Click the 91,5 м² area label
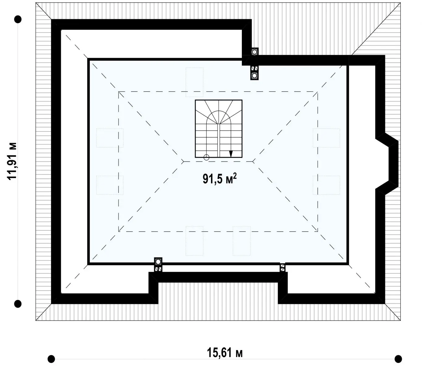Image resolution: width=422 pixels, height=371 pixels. coord(220,178)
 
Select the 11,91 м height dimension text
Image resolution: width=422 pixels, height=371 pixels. coord(12,161)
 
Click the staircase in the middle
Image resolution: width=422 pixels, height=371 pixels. coord(218,129)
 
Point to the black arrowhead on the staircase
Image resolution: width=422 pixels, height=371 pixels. coord(231,154)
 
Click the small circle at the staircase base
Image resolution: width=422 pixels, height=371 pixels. coord(206,157)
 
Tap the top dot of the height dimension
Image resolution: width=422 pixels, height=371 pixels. coord(18,19)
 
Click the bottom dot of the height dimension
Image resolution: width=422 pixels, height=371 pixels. coord(18,304)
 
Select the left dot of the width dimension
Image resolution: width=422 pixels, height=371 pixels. coord(51,359)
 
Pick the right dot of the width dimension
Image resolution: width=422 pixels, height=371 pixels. coord(398,359)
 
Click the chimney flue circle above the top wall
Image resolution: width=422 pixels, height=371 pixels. coord(254,52)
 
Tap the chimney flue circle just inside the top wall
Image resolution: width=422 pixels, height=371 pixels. coord(254,76)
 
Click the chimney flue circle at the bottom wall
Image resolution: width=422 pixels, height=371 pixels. coord(158,261)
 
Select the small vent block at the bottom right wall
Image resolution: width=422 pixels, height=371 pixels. coord(282,268)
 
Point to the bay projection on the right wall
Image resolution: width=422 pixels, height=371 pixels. coord(387,164)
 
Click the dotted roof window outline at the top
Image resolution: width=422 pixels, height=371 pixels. coord(194,82)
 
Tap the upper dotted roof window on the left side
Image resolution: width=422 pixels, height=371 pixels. coord(110,138)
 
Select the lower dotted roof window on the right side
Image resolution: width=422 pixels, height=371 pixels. coord(326,185)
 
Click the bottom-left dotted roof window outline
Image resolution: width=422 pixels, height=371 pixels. coord(194,241)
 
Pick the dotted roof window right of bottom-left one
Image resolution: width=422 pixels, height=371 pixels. coord(241,241)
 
